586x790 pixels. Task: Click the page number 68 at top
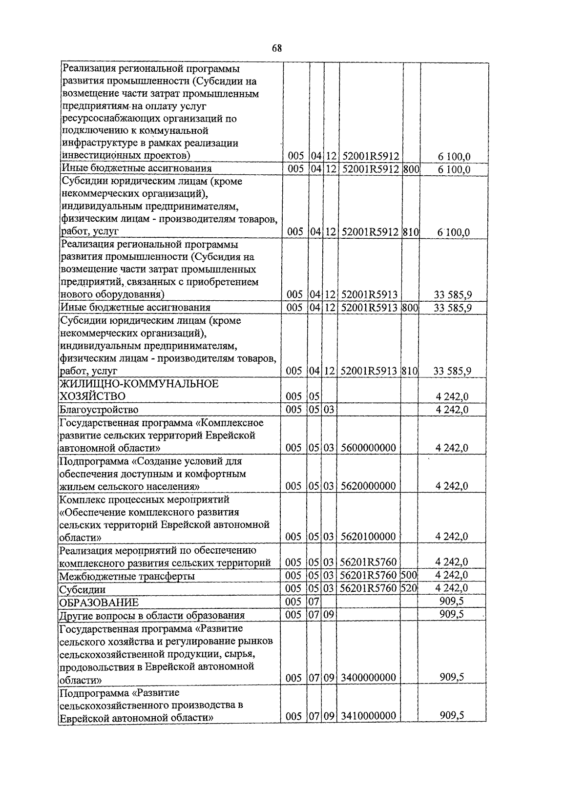[x=276, y=48]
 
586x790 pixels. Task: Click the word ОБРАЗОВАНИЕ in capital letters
[x=99, y=603]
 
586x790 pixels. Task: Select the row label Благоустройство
[x=99, y=410]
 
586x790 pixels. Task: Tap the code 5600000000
[x=368, y=448]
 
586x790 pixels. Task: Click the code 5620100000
[x=368, y=537]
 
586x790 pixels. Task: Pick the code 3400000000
[x=368, y=678]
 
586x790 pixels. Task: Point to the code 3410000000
[x=368, y=716]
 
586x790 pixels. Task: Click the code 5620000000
[x=368, y=486]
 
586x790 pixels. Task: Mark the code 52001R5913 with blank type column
[x=370, y=294]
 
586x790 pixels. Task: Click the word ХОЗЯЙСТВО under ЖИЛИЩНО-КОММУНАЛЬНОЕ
[x=92, y=396]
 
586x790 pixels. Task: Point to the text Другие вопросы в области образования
[x=152, y=615]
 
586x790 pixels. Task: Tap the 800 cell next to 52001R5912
[x=411, y=169]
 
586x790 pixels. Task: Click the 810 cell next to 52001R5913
[x=410, y=371]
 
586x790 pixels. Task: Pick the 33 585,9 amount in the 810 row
[x=452, y=371]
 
